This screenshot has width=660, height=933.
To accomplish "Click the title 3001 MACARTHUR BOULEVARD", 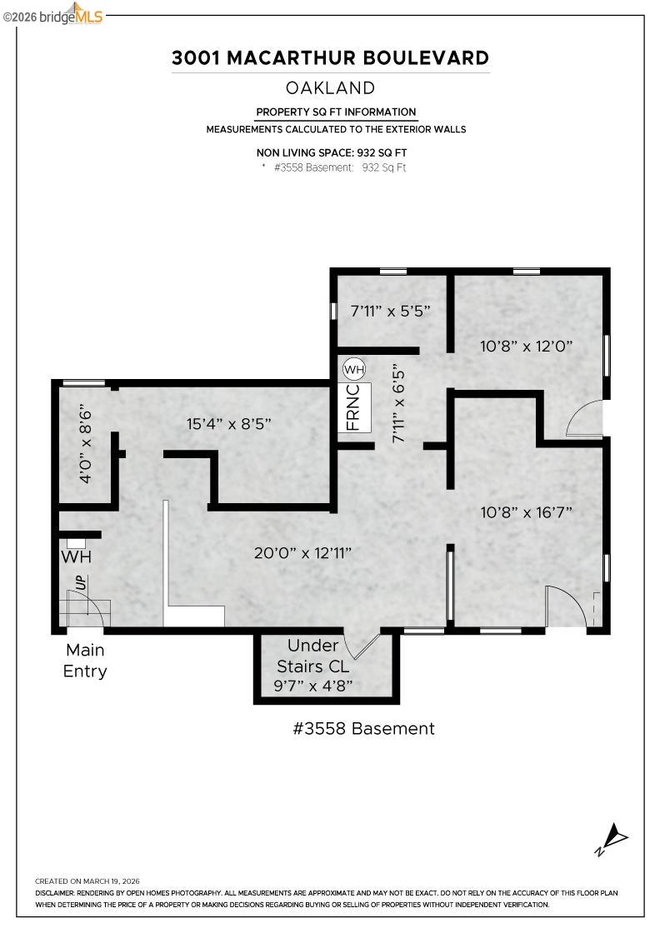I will [330, 57].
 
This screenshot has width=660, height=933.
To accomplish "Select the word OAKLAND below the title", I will [330, 87].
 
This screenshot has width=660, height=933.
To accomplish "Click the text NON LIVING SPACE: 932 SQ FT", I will [332, 152].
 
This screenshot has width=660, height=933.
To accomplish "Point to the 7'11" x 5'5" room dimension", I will [390, 311].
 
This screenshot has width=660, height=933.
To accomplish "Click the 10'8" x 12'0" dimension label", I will [526, 346].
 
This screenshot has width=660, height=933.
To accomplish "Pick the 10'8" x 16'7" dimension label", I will [526, 512].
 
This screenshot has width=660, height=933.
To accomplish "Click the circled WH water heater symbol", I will [354, 369].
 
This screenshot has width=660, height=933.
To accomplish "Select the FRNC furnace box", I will [354, 407].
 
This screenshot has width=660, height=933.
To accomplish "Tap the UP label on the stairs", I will [81, 583].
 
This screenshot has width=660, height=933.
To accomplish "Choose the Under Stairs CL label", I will [313, 656].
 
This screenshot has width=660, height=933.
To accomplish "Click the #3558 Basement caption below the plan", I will [363, 728].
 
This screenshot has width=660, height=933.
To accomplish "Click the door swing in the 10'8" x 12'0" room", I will [585, 419].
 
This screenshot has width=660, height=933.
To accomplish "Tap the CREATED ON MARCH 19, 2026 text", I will [87, 881].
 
